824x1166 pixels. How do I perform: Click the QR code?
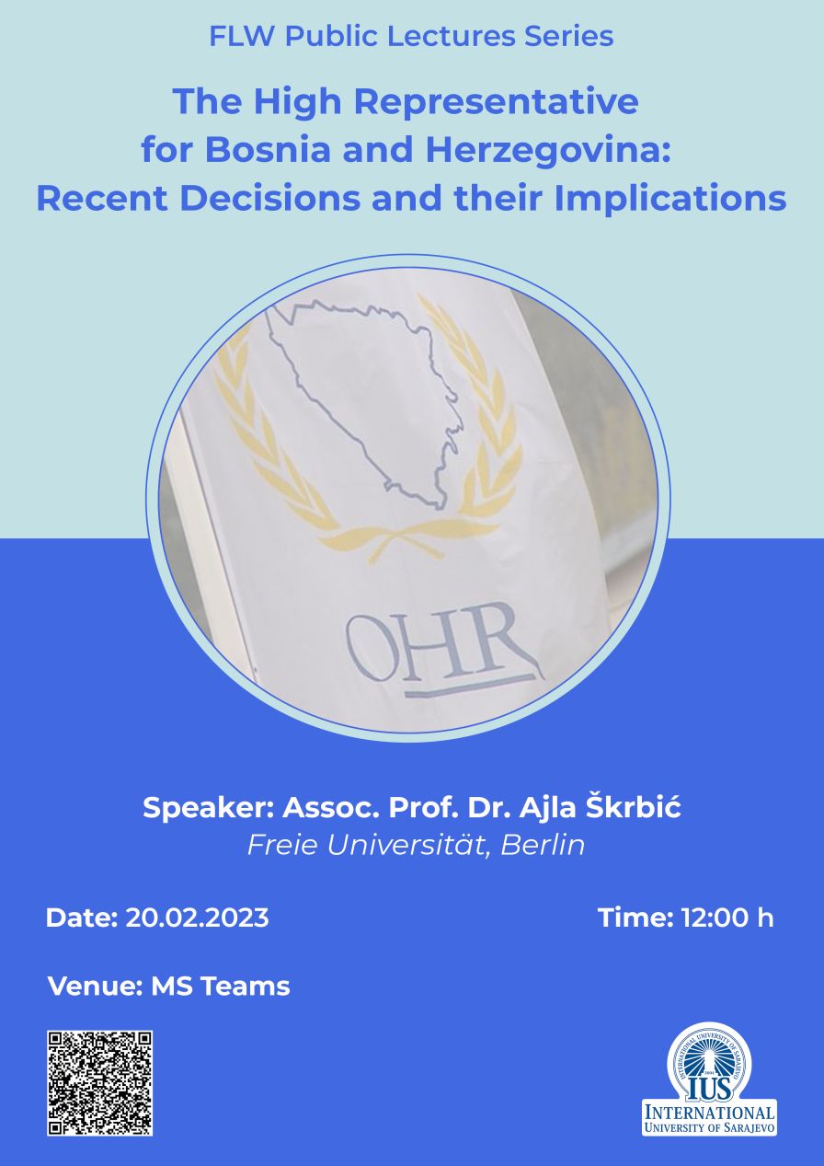(99, 1083)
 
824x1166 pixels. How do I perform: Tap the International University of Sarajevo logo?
(709, 1079)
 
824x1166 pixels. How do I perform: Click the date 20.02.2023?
(197, 918)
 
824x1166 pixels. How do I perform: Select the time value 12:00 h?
(727, 918)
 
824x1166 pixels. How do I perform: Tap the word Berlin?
(543, 845)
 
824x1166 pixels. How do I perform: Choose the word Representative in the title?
(496, 101)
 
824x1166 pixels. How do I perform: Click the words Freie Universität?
(369, 845)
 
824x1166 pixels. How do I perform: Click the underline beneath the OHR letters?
(469, 686)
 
